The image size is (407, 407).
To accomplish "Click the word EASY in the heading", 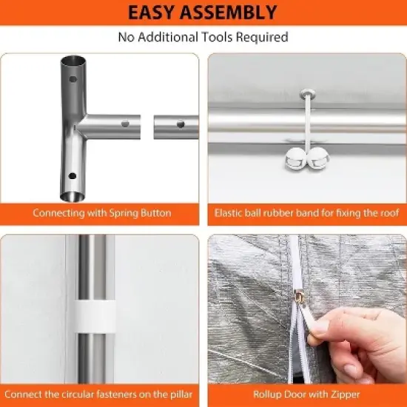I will pos(157,13).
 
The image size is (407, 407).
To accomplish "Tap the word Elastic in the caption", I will pos(230,213).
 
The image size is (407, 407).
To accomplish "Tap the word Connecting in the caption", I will pos(56,213).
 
